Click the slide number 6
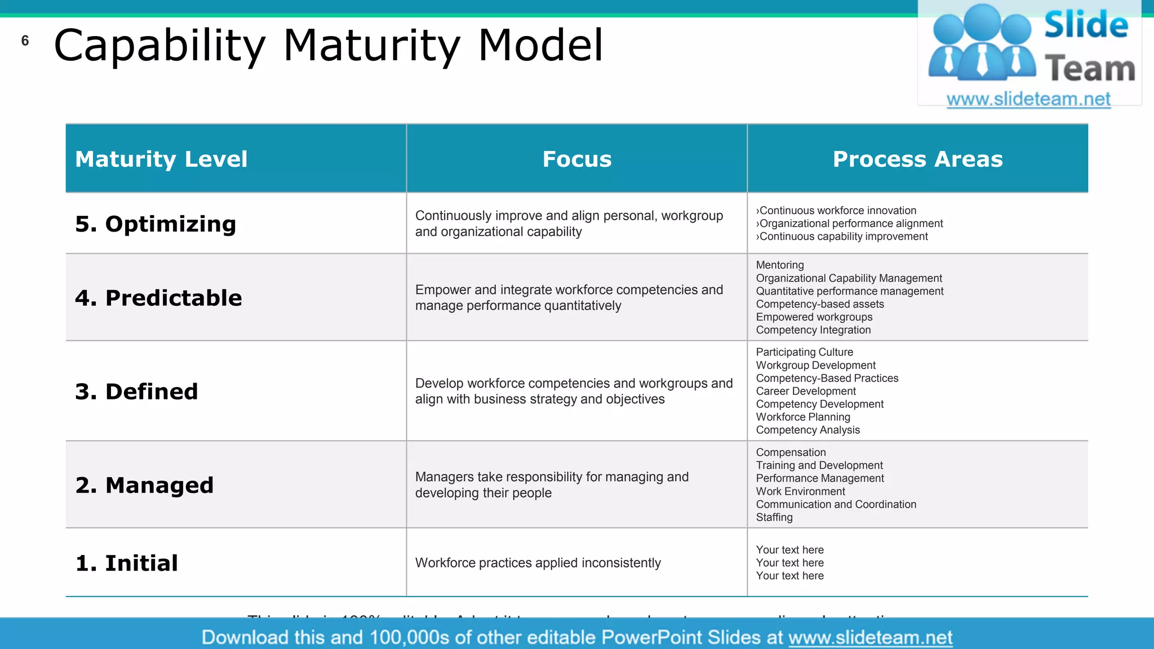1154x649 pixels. pyautogui.click(x=25, y=41)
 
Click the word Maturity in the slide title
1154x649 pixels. pyautogui.click(x=372, y=46)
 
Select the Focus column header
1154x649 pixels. pyautogui.click(x=576, y=159)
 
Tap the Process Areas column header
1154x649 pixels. pyautogui.click(x=917, y=159)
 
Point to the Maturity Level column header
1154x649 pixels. pyautogui.click(x=161, y=159)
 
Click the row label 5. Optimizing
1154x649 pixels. pyautogui.click(x=156, y=224)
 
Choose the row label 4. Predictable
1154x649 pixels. pyautogui.click(x=158, y=298)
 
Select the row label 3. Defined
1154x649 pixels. pyautogui.click(x=136, y=392)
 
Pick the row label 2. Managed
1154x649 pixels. pyautogui.click(x=144, y=485)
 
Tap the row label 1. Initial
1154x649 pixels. pyautogui.click(x=127, y=563)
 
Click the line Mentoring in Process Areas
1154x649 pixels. pyautogui.click(x=780, y=265)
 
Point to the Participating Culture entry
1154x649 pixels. pyautogui.click(x=804, y=352)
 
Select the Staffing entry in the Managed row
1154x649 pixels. pyautogui.click(x=774, y=517)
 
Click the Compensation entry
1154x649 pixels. pyautogui.click(x=791, y=452)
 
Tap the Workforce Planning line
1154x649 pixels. pyautogui.click(x=803, y=417)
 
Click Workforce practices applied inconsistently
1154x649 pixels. pyautogui.click(x=538, y=563)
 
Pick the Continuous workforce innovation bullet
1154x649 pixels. pyautogui.click(x=837, y=211)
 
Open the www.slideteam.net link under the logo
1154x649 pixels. pyautogui.click(x=1028, y=99)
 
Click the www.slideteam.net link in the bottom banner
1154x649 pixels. pyautogui.click(x=870, y=637)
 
